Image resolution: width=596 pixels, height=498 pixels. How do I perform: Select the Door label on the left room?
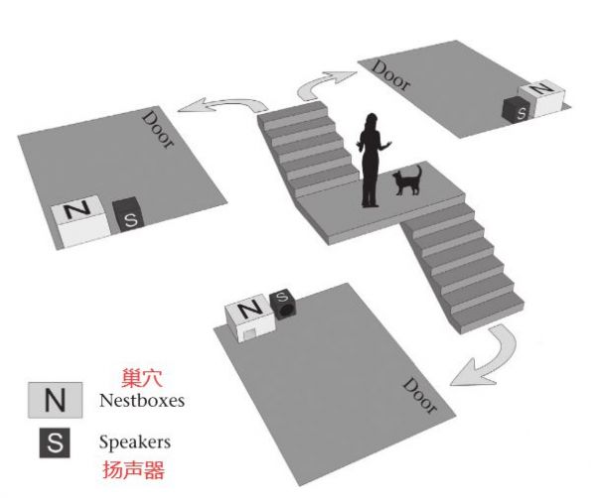click(158, 128)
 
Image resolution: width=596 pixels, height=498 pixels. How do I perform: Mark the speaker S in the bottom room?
click(283, 302)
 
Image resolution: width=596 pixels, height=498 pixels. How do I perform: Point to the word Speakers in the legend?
click(135, 441)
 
